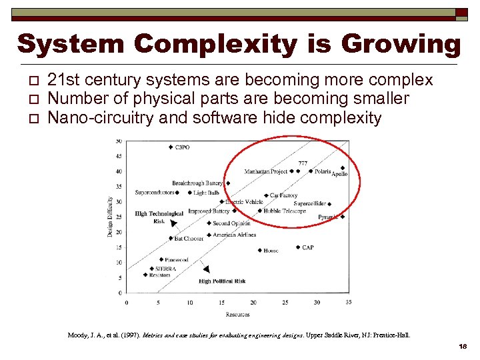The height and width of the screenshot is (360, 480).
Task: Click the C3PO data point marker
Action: pos(171,147)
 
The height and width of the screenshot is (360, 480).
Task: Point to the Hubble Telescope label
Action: pos(285,211)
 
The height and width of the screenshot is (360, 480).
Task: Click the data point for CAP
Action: pos(298,247)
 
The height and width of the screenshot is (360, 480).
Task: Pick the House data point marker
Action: pos(259,251)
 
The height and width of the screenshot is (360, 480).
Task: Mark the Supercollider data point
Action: pos(329,204)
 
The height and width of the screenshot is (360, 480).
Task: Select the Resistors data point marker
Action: pos(145,275)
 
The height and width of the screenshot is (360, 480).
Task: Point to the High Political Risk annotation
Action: pos(222,281)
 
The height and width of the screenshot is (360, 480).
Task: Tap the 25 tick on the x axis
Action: pos(285,303)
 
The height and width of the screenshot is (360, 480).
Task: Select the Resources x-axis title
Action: pos(237,315)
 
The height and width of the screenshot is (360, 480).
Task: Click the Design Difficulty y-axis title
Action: pos(110,217)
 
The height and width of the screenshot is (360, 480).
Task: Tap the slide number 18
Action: pos(463,347)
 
